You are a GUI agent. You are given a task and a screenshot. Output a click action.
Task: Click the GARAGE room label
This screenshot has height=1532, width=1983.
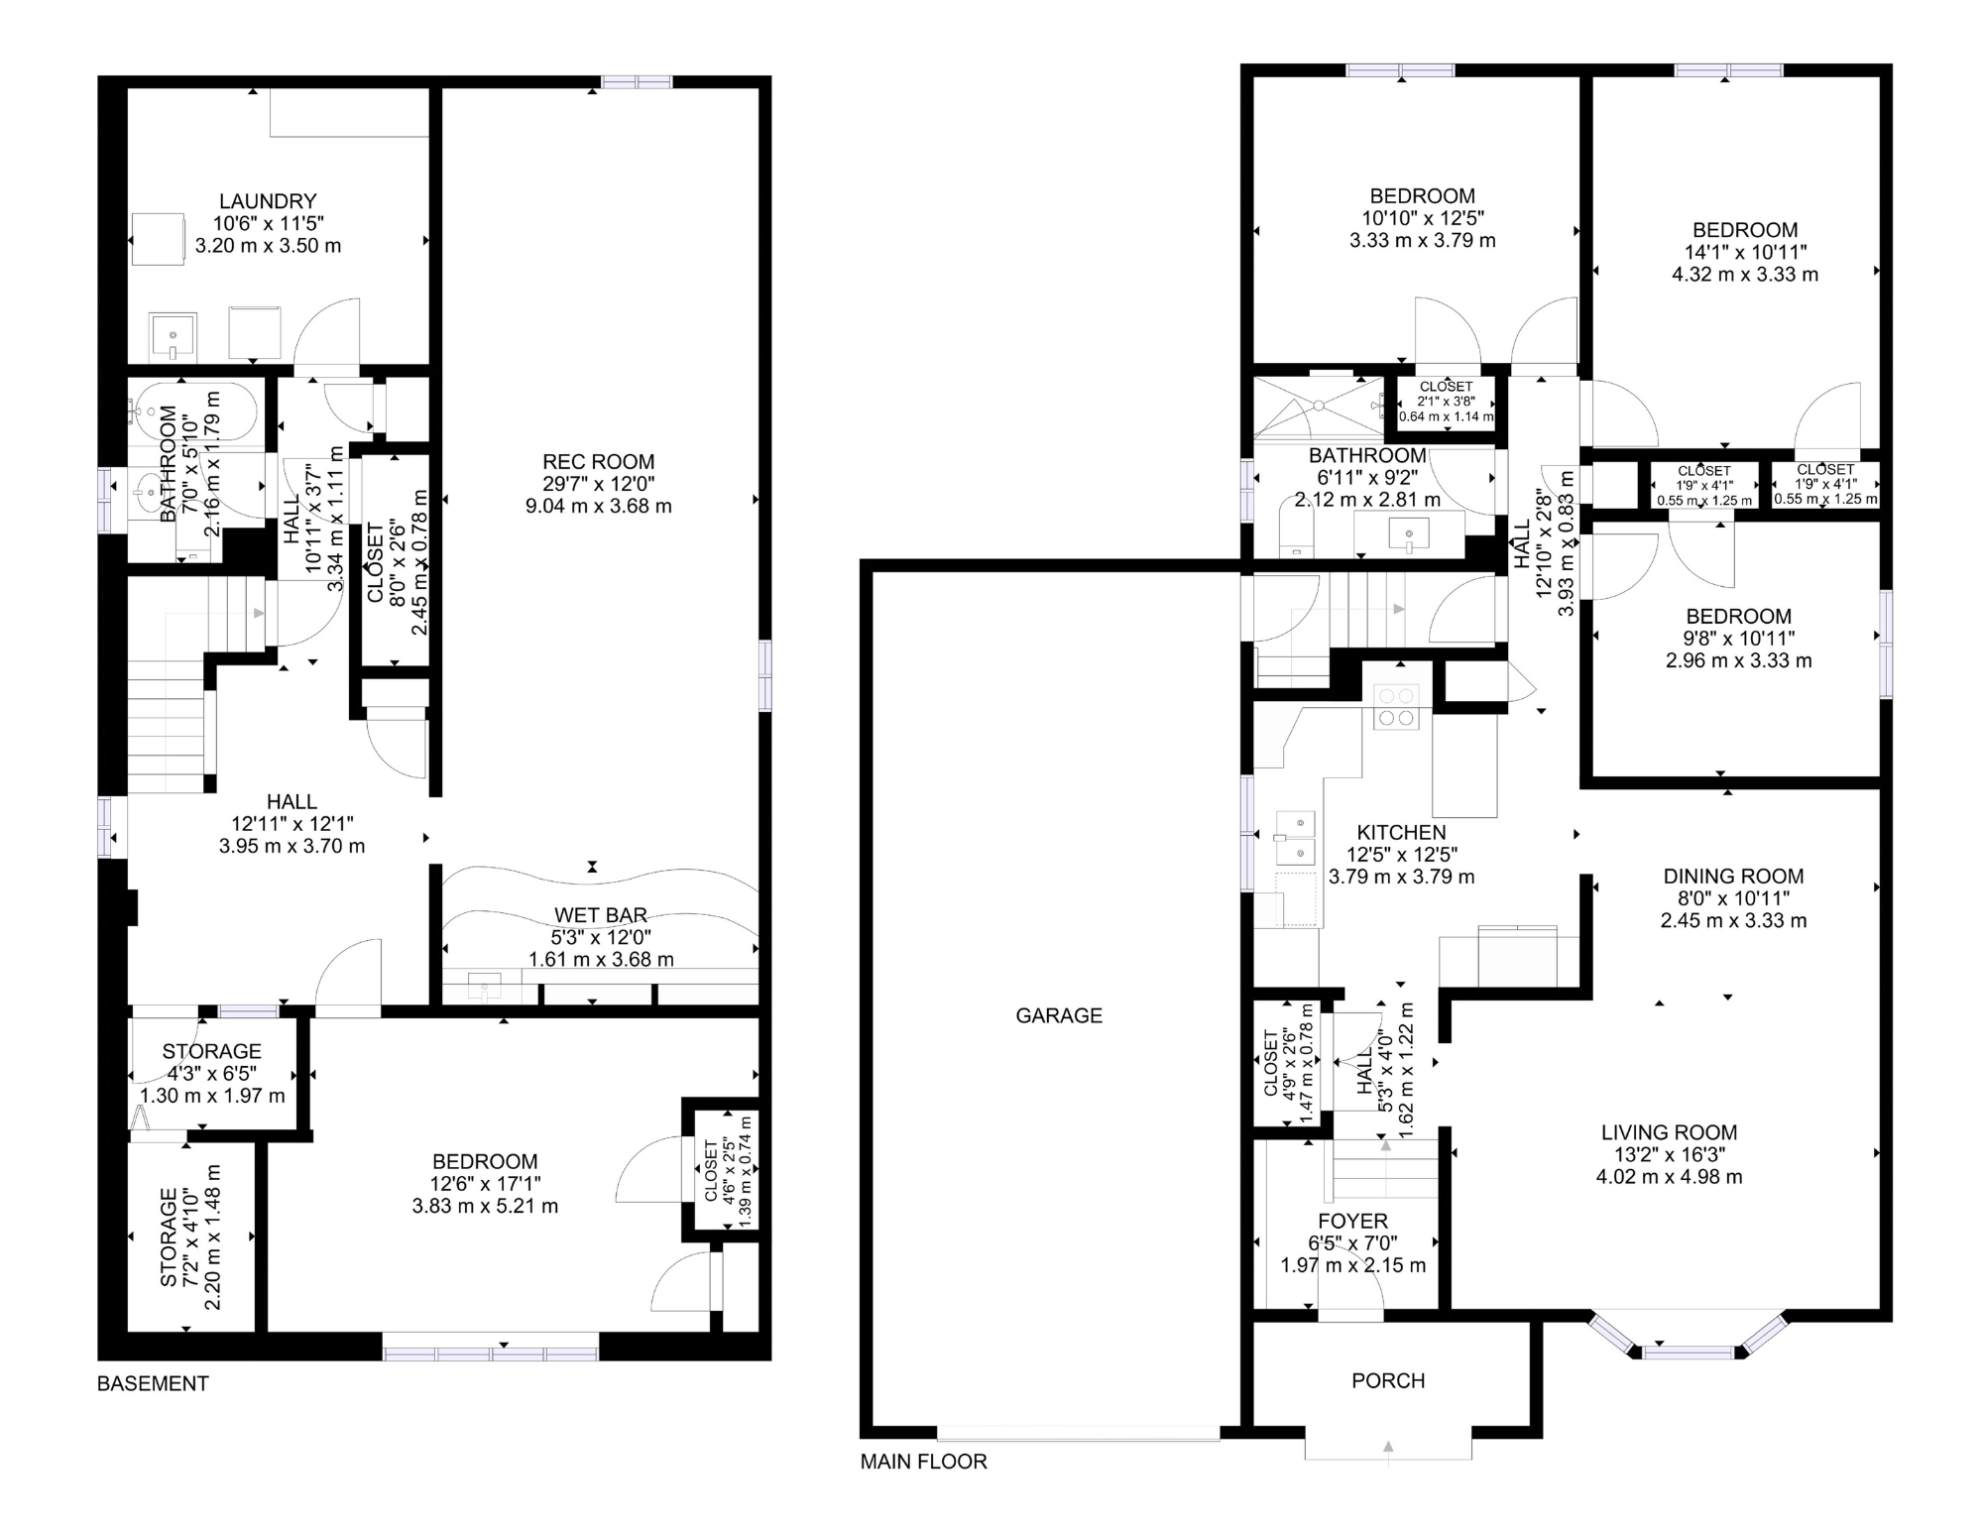pos(1058,1015)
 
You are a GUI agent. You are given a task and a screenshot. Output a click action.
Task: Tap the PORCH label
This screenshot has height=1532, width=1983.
pos(1387,1380)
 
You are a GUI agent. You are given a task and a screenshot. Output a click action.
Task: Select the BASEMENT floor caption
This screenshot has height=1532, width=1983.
pos(153,1383)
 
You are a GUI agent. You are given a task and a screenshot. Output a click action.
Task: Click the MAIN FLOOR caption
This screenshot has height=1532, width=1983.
pos(923,1462)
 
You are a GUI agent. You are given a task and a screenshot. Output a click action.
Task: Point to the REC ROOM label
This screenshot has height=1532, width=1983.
pos(598,462)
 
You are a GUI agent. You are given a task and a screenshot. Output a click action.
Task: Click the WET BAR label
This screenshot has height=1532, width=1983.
pos(600,915)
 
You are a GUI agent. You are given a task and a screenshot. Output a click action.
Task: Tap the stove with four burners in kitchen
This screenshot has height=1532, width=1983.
pos(1395,707)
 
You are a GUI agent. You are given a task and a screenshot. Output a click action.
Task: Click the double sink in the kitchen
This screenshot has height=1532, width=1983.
pos(1296,838)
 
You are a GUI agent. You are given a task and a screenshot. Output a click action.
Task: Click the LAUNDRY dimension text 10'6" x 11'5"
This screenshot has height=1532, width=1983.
pos(268,224)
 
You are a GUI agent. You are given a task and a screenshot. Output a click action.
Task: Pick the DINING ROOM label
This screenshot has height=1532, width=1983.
pos(1732,877)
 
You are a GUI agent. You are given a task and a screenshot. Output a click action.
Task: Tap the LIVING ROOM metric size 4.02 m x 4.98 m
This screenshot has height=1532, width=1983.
pos(1669,1177)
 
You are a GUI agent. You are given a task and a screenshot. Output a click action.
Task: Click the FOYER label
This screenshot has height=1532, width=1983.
pos(1352,1222)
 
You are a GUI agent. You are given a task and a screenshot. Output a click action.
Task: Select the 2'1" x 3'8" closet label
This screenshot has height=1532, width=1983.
pos(1446,402)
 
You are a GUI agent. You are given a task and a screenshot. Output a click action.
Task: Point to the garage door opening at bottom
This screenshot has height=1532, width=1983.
pos(1078,1433)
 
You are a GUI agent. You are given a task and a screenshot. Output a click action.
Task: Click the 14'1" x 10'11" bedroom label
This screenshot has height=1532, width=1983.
pos(1745,230)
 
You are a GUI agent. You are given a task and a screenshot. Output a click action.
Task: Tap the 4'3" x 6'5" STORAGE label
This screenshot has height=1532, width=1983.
pos(211,1052)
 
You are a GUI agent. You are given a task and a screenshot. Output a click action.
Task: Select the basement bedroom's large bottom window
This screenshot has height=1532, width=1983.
pos(491,1353)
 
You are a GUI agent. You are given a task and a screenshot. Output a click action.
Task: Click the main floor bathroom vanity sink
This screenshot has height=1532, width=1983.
pos(1409,535)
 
